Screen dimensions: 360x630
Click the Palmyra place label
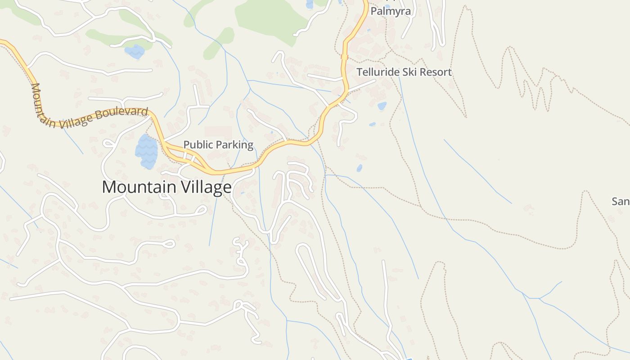[x=391, y=11]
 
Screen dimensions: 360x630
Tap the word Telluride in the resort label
[x=375, y=72]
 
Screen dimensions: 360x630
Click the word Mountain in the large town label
[x=139, y=187]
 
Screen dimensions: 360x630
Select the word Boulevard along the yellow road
[x=124, y=113]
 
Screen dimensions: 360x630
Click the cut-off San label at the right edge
[x=621, y=201]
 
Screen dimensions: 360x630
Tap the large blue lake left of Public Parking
[x=147, y=151]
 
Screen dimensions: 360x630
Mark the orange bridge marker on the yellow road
[x=345, y=57]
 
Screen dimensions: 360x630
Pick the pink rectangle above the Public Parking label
[x=218, y=132]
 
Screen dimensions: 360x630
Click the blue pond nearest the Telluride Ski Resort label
[x=382, y=106]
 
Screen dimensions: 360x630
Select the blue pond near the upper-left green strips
[x=134, y=51]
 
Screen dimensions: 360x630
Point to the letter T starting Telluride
[x=359, y=72]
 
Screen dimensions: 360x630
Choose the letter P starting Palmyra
[x=373, y=11]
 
